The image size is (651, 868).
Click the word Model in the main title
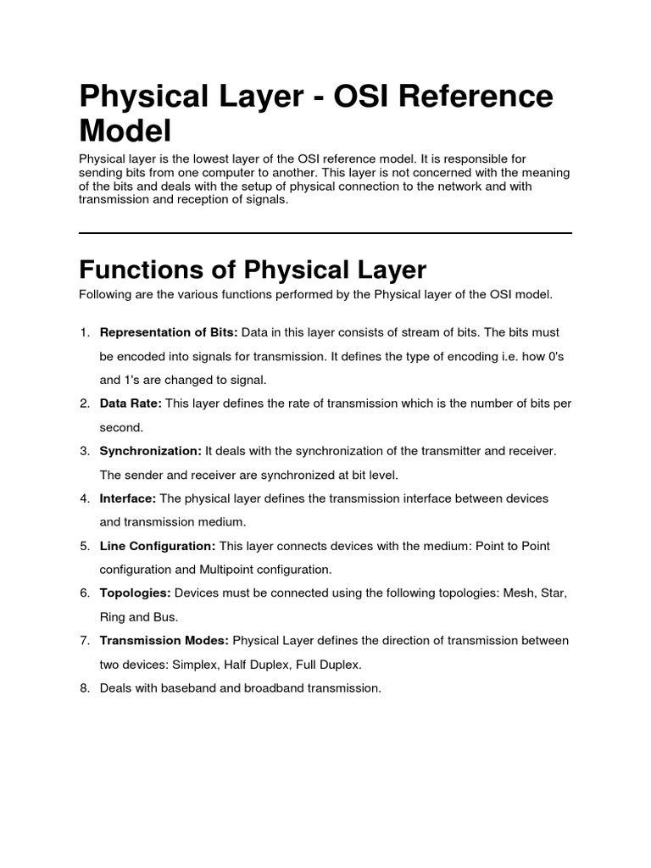(125, 131)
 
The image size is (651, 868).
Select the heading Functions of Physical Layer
(253, 270)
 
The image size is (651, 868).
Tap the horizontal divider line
(325, 232)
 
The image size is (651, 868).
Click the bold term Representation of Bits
(169, 332)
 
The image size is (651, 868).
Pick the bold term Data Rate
(131, 403)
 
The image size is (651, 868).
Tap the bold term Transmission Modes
(164, 641)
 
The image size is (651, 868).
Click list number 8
(85, 688)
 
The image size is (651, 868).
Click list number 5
(85, 546)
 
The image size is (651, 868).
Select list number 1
(85, 332)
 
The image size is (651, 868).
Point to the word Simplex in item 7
(174, 665)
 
